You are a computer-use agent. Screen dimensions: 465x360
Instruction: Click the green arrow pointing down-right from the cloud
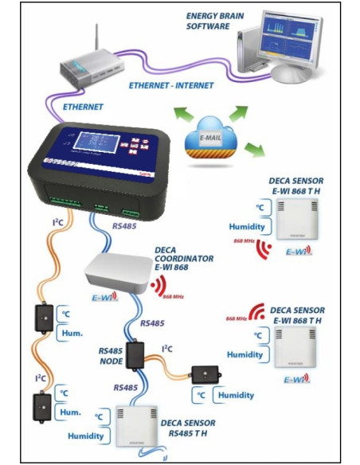point(254,148)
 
